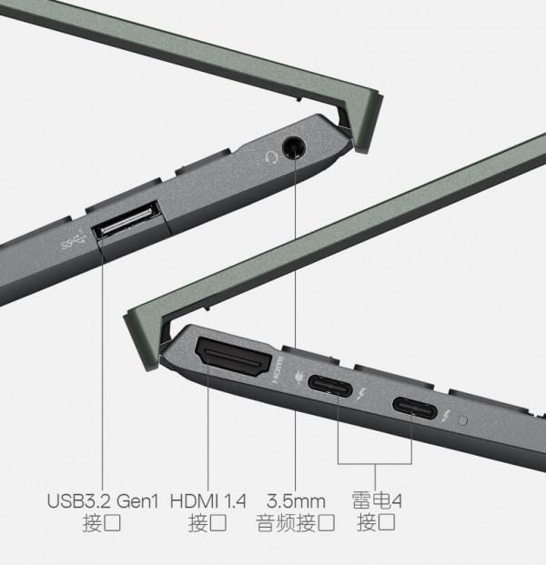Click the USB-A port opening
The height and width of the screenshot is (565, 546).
pyautogui.click(x=126, y=220)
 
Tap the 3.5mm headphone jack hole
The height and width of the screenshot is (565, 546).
pyautogui.click(x=294, y=147)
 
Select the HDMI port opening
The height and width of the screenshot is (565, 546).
pyautogui.click(x=233, y=357)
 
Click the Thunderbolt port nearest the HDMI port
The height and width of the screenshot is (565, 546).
pyautogui.click(x=329, y=386)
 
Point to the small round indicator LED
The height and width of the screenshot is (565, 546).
pyautogui.click(x=463, y=420)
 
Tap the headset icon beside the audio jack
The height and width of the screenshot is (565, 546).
pyautogui.click(x=270, y=157)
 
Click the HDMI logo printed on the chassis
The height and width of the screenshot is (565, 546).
pyautogui.click(x=278, y=369)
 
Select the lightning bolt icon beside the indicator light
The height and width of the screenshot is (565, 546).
pyautogui.click(x=447, y=416)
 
